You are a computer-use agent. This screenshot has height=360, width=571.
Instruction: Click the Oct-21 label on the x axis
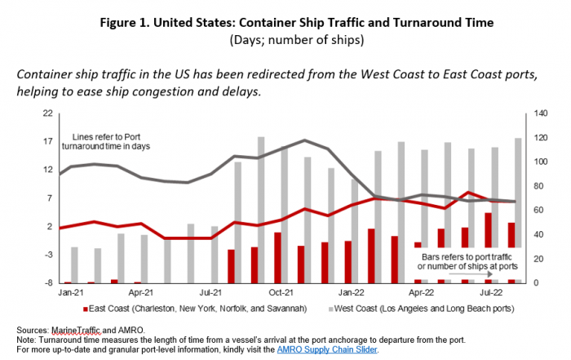point(282,291)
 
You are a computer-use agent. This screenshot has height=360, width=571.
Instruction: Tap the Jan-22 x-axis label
point(352,291)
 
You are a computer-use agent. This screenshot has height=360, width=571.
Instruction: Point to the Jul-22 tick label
point(490,291)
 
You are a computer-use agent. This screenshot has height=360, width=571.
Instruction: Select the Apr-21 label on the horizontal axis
point(143,291)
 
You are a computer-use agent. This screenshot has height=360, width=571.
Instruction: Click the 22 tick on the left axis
point(48,113)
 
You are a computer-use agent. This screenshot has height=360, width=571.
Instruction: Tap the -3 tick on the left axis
point(48,255)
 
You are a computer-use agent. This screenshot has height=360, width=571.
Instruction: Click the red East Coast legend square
point(85,309)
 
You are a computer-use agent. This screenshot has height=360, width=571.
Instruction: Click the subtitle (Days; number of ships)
point(285,38)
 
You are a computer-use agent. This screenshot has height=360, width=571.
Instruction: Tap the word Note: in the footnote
point(28,339)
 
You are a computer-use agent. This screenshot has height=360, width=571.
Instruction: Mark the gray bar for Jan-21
point(74,264)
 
